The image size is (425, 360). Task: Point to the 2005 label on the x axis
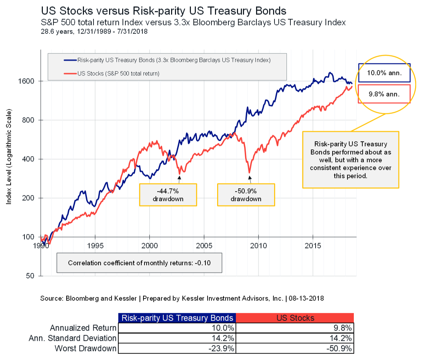pos(204,246)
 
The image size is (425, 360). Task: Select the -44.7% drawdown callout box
pos(168,195)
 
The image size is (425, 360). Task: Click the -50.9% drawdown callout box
pos(246,195)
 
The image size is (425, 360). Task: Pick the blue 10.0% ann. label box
pos(384,73)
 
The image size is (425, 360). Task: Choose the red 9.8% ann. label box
pos(384,94)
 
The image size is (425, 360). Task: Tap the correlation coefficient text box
pos(139,263)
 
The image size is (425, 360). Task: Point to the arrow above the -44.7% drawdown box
pos(179,179)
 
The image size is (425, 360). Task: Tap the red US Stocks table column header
pos(295,318)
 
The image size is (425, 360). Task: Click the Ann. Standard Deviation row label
pos(73,338)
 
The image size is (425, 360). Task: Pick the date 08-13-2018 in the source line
pos(306,298)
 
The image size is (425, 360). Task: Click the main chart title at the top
pos(164,11)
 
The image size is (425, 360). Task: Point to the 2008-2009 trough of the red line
pos(249,172)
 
